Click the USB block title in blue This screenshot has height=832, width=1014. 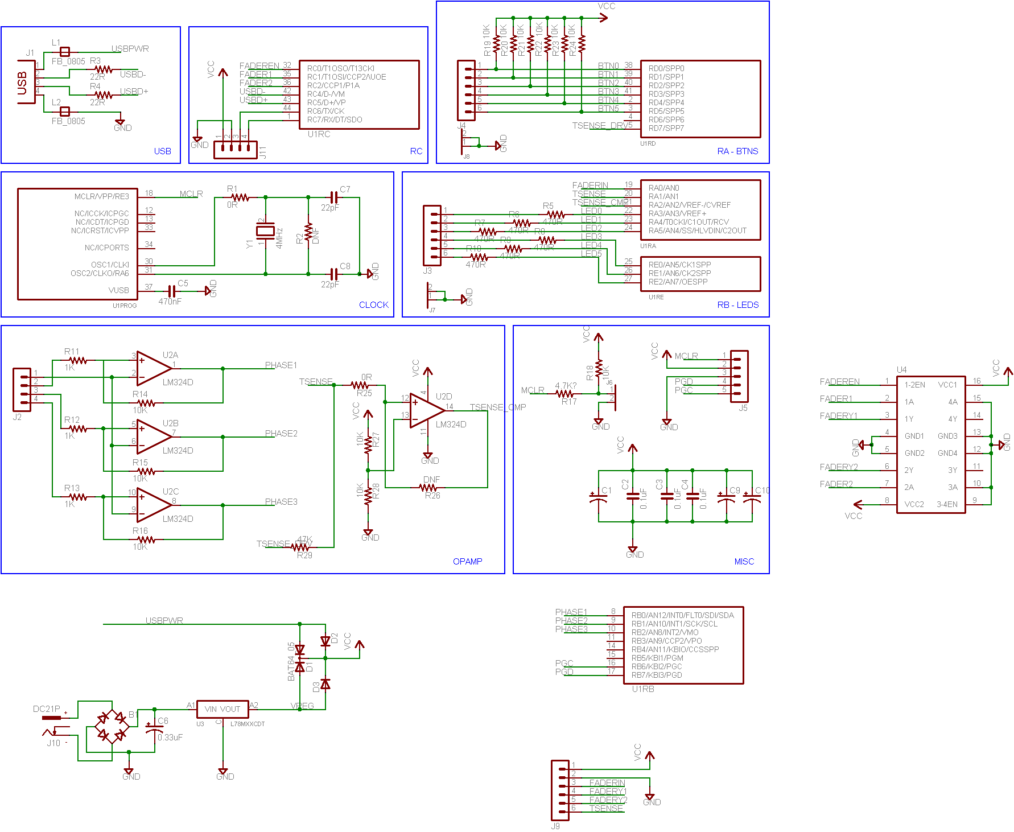[x=162, y=151]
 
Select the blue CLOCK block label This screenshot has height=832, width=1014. [x=373, y=305]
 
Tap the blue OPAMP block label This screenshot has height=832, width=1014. [x=467, y=562]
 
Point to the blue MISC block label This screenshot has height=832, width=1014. [x=744, y=562]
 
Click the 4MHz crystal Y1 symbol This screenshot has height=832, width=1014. [x=265, y=230]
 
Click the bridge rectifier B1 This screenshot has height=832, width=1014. [x=112, y=726]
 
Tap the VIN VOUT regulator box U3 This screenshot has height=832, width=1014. [x=222, y=709]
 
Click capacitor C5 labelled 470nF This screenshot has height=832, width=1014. [x=171, y=291]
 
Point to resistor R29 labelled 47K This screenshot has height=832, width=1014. [x=300, y=547]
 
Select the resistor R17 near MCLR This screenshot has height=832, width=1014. [x=564, y=393]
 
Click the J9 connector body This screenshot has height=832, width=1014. [x=560, y=790]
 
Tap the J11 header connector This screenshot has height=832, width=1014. [x=235, y=150]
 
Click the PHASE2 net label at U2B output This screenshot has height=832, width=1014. [x=281, y=434]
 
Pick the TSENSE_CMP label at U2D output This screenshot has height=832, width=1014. [x=498, y=407]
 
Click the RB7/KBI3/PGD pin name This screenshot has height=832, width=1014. [x=657, y=676]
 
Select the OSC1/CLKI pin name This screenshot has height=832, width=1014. [x=110, y=265]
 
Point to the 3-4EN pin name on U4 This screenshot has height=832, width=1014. [x=947, y=504]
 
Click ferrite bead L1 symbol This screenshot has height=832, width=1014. [x=65, y=51]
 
